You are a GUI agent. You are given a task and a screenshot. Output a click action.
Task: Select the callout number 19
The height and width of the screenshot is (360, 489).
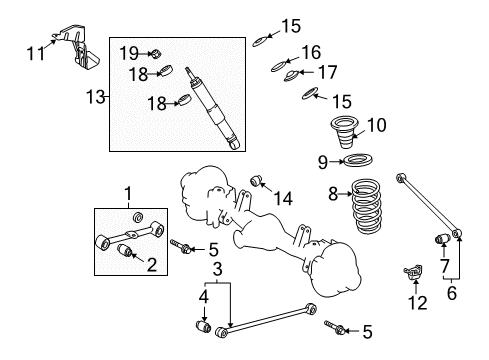coord(129,51)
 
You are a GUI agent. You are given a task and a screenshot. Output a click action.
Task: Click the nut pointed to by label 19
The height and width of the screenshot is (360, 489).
coord(157,52)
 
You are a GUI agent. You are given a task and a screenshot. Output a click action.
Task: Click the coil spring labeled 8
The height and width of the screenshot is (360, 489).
coord(375,214)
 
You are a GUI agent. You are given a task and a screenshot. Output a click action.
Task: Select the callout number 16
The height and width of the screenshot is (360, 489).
coord(311,51)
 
